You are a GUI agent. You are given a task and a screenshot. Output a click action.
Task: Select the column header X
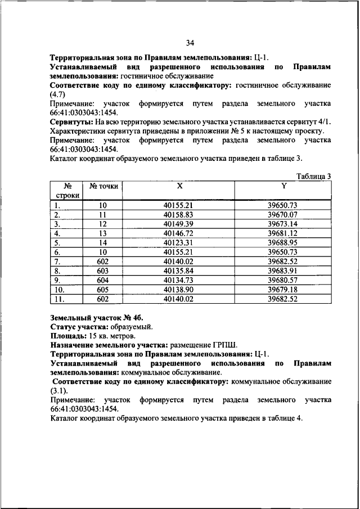(179, 186)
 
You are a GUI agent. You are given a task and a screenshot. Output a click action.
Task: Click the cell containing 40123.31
(178, 242)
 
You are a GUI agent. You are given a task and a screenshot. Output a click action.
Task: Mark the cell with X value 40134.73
(178, 280)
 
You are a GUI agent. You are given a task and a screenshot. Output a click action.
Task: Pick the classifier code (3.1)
(58, 390)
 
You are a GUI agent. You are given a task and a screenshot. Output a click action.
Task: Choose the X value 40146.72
(178, 233)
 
